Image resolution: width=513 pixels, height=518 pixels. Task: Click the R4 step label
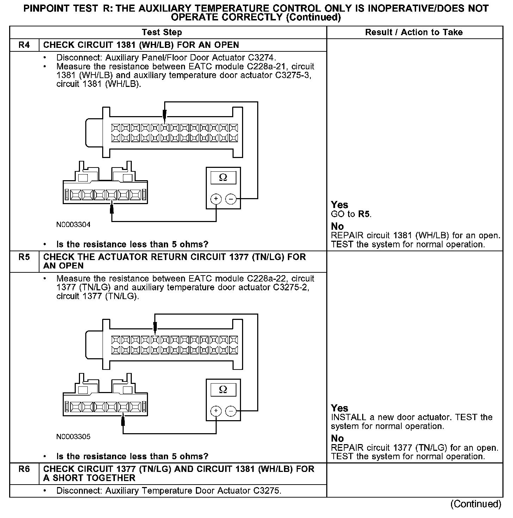coord(24,45)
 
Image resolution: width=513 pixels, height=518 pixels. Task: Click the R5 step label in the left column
coord(24,257)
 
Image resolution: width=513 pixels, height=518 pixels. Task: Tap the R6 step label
coord(24,469)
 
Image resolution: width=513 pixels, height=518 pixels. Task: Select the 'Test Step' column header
coord(162,32)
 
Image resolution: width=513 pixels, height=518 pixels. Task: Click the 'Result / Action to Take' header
coord(414,32)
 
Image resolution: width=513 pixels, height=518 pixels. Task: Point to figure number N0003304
coord(73,225)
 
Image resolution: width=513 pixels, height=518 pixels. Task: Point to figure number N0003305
coord(73,437)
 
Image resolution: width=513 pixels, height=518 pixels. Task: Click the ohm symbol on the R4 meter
coord(223,178)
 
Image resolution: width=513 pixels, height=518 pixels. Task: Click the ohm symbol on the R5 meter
coord(223,390)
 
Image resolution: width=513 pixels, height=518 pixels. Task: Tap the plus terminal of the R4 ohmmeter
coord(216,199)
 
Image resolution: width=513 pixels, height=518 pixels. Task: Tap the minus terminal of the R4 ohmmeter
coord(231,199)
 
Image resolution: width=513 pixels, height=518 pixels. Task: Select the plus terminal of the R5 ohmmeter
coord(216,411)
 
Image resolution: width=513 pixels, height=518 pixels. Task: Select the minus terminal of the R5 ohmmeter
coord(231,411)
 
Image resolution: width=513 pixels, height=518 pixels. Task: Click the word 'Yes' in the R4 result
coord(340,205)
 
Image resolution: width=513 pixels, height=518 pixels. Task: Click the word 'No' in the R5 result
coord(337,438)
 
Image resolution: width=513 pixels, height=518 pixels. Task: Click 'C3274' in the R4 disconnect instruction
coord(262,57)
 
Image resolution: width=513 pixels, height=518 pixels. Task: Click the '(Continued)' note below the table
coord(476,504)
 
